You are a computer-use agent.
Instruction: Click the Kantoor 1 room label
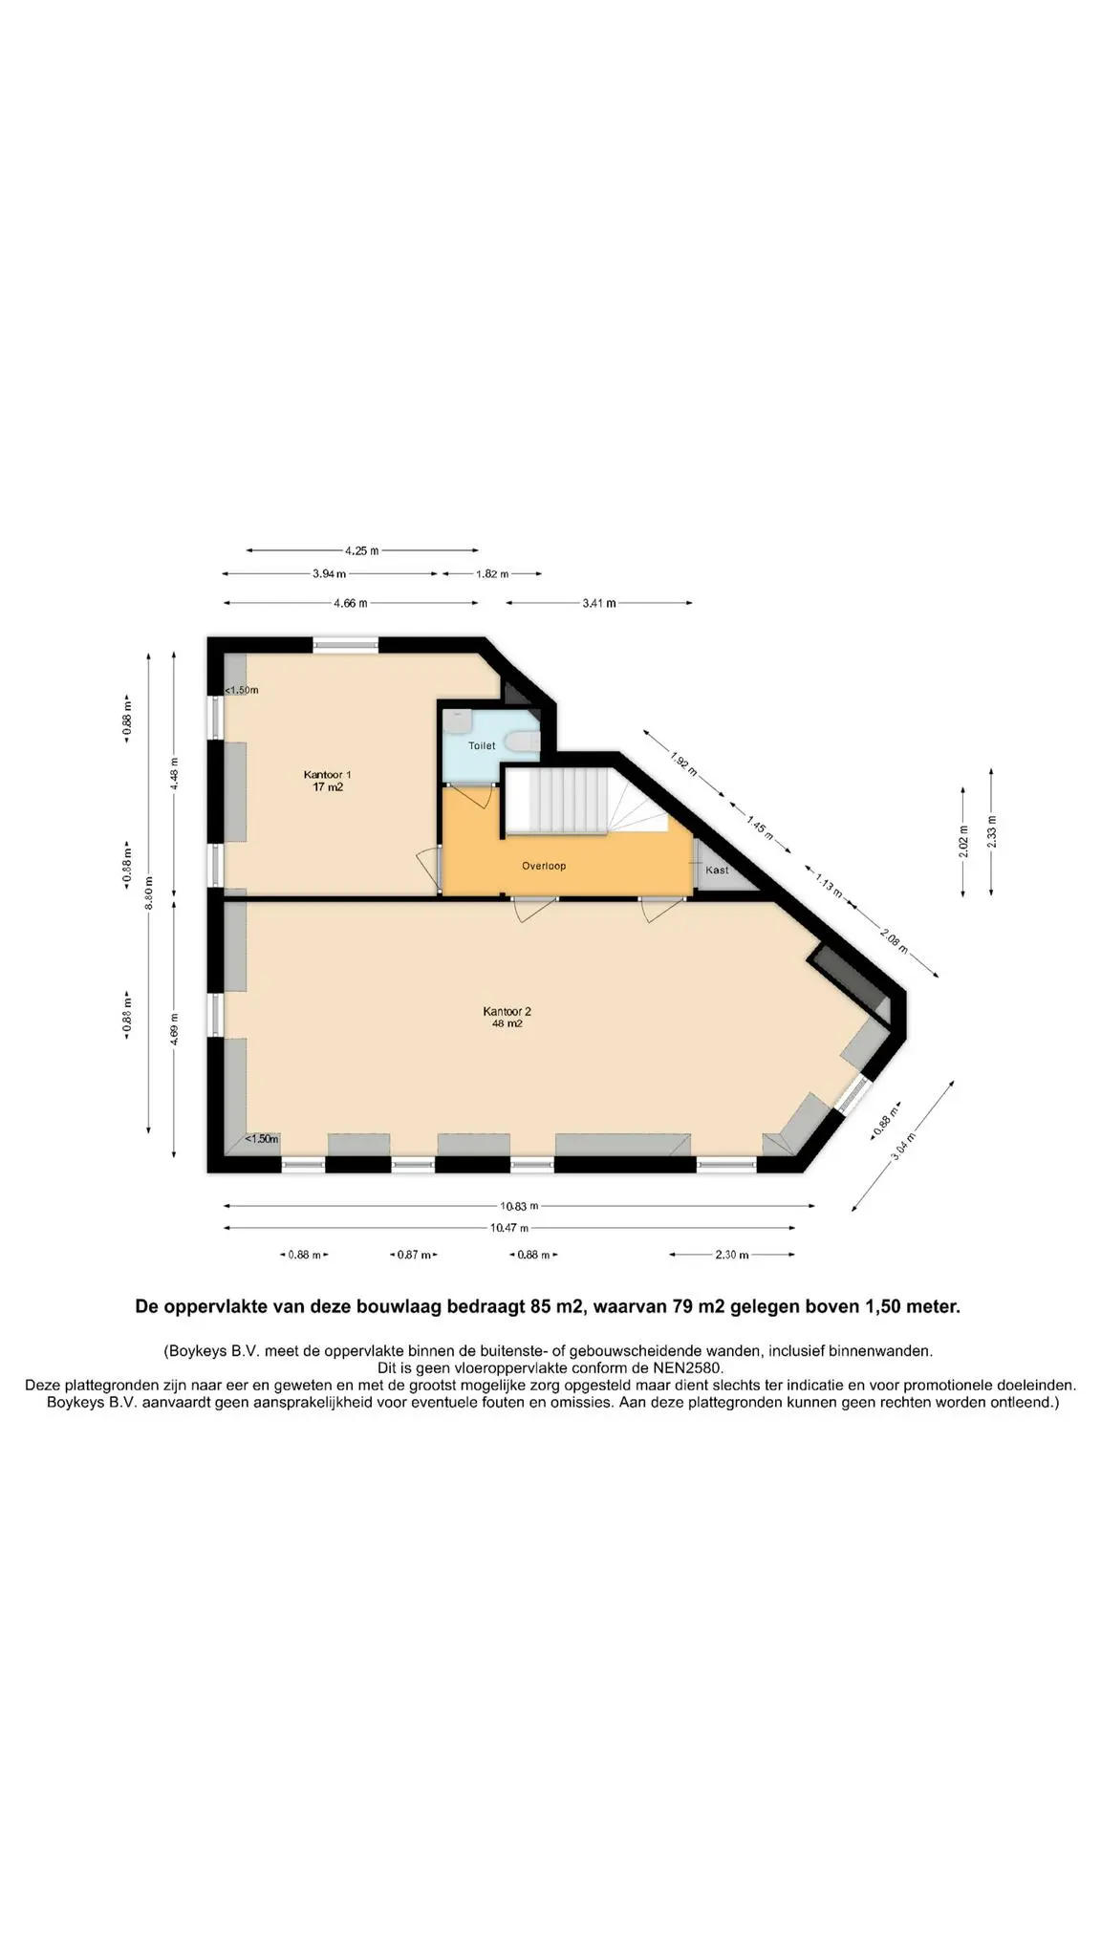click(328, 774)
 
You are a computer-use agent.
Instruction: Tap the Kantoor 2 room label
click(507, 1011)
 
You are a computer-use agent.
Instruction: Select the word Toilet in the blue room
click(482, 745)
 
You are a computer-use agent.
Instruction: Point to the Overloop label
click(544, 866)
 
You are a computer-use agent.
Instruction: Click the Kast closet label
click(717, 870)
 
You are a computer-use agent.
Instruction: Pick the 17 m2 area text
click(328, 787)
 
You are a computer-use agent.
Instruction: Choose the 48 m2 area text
click(507, 1023)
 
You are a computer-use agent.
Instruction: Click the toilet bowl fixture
click(523, 742)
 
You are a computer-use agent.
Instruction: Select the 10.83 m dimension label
click(519, 1206)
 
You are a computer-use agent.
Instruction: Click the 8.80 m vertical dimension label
click(148, 892)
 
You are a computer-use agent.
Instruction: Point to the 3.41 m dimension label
click(599, 603)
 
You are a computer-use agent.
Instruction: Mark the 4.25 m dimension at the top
click(362, 550)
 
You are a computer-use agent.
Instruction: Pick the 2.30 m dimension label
click(731, 1255)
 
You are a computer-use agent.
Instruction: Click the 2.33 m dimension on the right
click(991, 831)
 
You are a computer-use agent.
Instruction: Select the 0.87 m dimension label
click(414, 1255)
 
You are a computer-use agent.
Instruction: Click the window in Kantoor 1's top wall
click(345, 644)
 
